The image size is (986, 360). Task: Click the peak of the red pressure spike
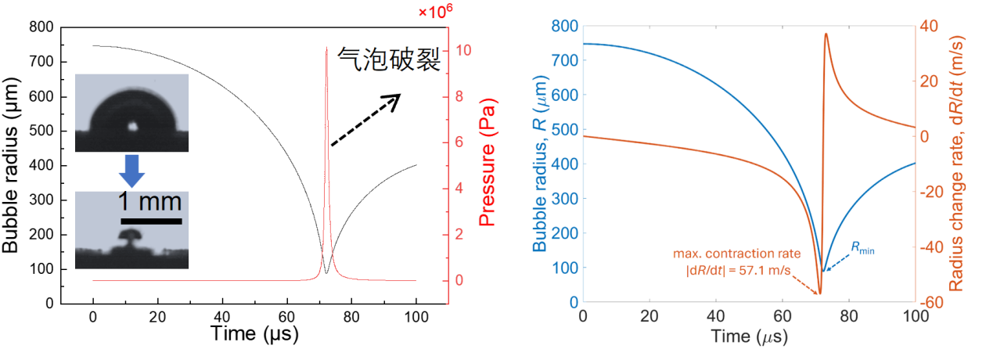click(326, 49)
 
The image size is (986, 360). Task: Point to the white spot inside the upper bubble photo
click(133, 124)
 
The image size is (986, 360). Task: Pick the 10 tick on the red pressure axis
click(463, 50)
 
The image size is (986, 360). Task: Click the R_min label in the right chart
click(863, 248)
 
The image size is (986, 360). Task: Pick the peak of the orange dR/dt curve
click(826, 34)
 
